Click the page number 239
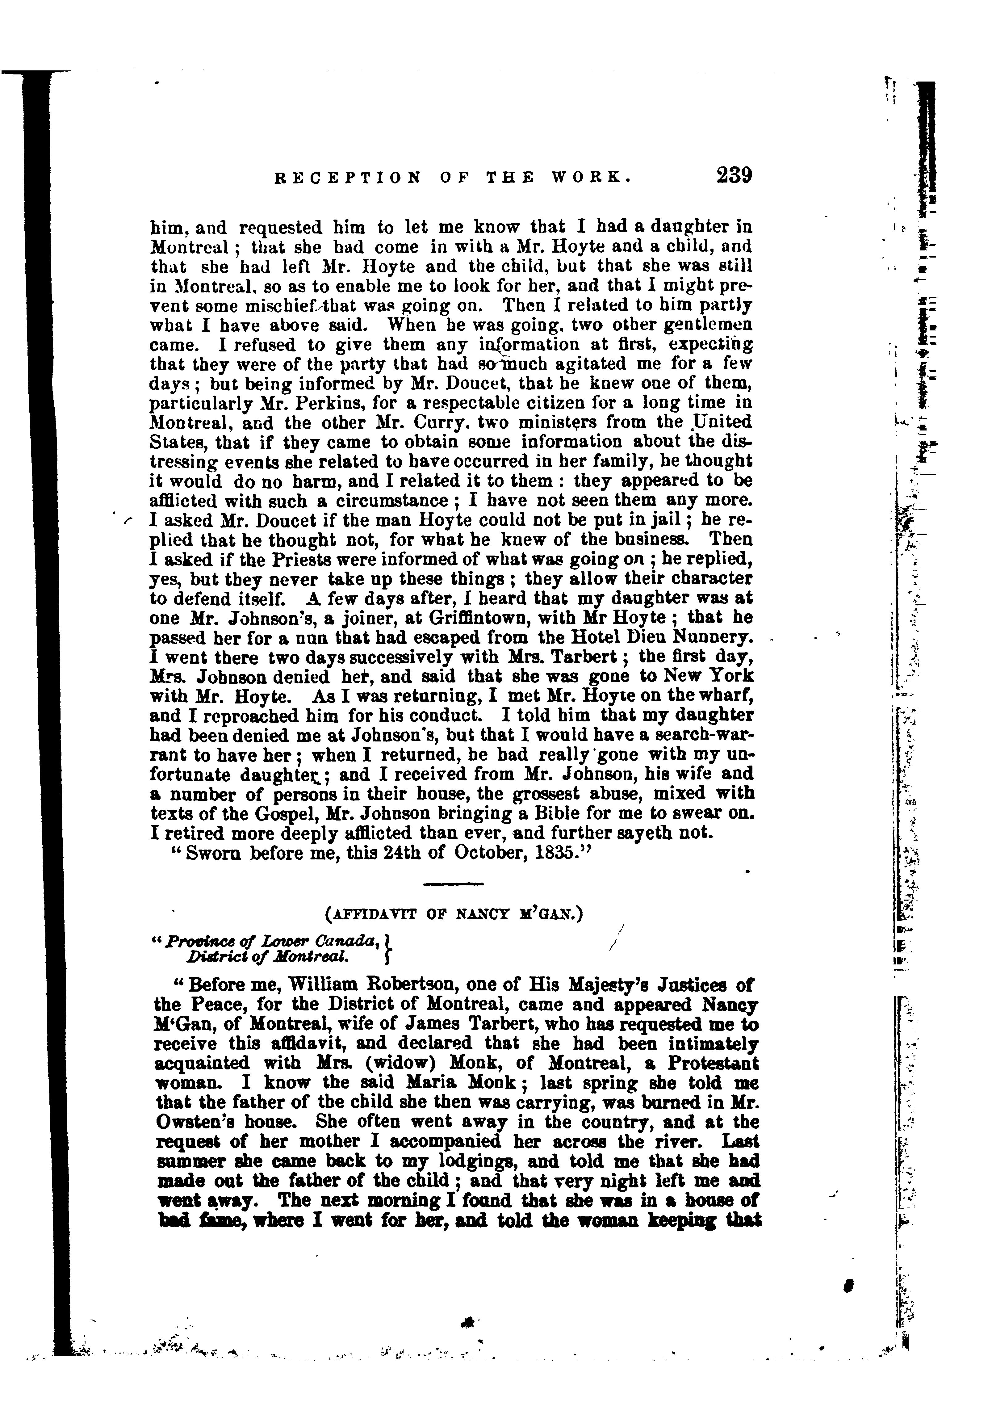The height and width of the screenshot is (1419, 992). pyautogui.click(x=734, y=176)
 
